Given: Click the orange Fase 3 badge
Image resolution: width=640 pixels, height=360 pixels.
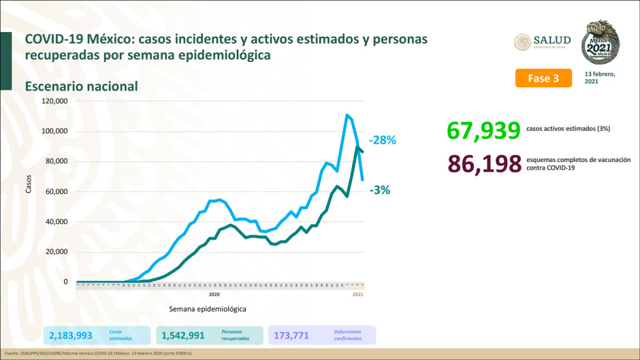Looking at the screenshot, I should pos(543,78).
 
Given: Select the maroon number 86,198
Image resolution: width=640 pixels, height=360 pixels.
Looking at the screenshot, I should pos(484,163).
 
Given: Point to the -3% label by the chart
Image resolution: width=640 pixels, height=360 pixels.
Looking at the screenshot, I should pos(379,191).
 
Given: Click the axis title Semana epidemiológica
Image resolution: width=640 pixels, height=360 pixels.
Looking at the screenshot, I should pos(207,308).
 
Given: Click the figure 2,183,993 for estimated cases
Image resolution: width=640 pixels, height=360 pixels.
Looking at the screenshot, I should pos(71,335).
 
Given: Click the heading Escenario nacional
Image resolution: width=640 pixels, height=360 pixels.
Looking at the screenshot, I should pos(81,86).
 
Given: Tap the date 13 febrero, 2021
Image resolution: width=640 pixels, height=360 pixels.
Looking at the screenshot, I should pos(600,78).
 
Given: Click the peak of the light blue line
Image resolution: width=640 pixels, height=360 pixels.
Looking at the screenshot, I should pos(347,114).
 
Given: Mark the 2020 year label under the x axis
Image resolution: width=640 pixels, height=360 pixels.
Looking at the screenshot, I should pos(214,294).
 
